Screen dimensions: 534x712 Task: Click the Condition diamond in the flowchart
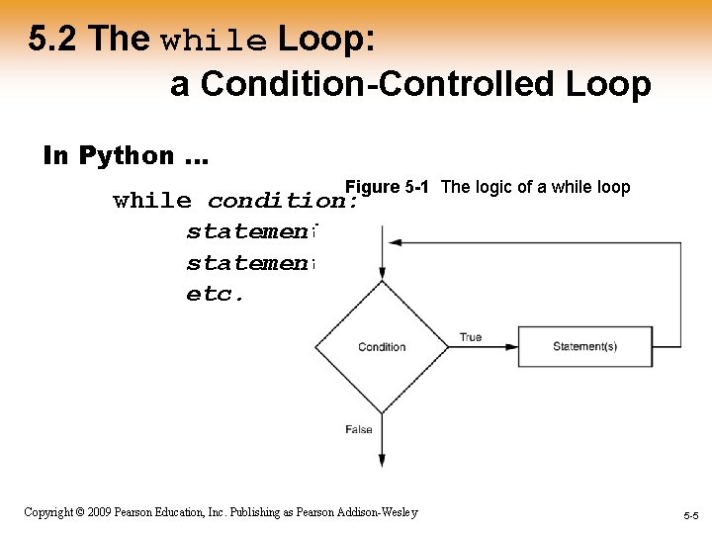[x=382, y=346]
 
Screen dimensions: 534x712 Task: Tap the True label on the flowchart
[x=471, y=337]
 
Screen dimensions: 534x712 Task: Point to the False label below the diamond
[x=358, y=429]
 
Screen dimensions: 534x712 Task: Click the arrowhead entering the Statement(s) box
[x=512, y=346]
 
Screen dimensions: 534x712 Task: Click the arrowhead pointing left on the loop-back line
[x=395, y=242]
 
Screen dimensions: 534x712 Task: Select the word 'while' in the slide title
[x=214, y=42]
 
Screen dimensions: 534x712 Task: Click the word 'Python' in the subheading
[x=126, y=155]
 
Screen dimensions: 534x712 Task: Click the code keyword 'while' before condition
[x=152, y=201]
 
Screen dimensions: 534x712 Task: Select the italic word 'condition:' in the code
[x=282, y=201]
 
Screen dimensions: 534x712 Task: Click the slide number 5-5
[x=689, y=516]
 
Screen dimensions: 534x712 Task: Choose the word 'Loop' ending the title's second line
[x=608, y=85]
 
